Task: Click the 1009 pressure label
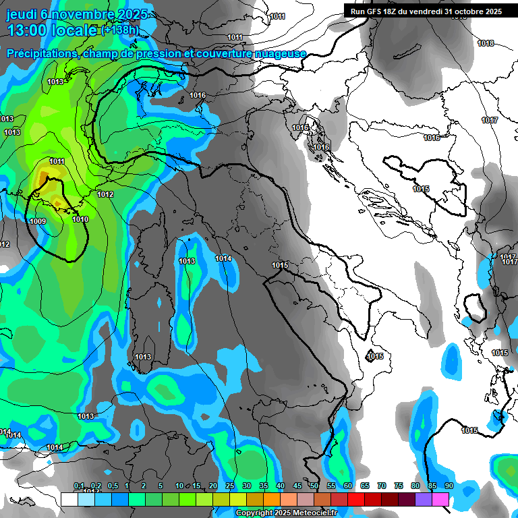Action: pyautogui.click(x=38, y=221)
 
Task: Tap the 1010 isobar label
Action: pyautogui.click(x=80, y=219)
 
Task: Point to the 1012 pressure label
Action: pyautogui.click(x=105, y=194)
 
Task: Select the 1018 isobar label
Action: pyautogui.click(x=486, y=43)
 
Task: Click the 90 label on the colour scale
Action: pyautogui.click(x=449, y=486)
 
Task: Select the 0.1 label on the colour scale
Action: pyautogui.click(x=79, y=486)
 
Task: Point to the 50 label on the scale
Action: pyautogui.click(x=314, y=486)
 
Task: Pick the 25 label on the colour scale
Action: pyautogui.click(x=230, y=486)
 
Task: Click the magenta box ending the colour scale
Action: pyautogui.click(x=440, y=499)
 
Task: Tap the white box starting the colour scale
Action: pyautogui.click(x=69, y=499)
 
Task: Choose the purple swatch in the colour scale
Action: pyautogui.click(x=424, y=499)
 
